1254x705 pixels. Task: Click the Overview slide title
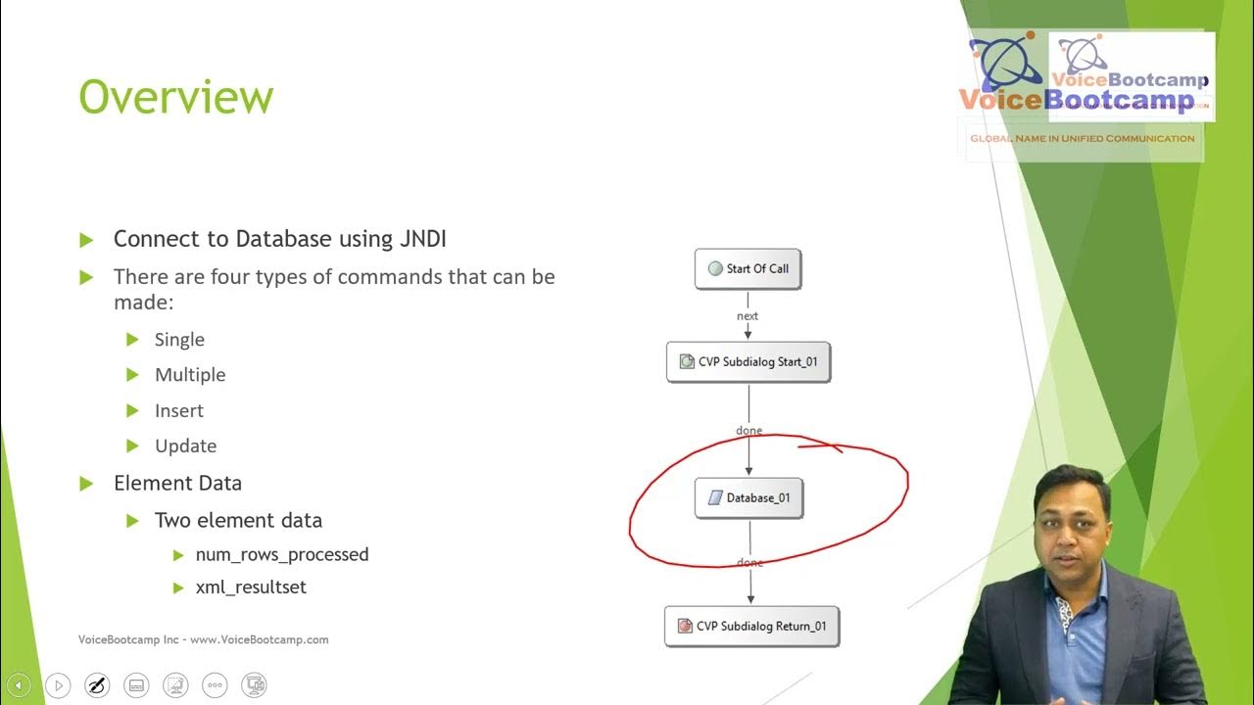coord(175,98)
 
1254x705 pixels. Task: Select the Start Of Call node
coord(748,268)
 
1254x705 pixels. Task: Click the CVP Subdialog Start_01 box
coord(748,361)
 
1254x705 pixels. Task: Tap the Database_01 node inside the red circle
coord(748,497)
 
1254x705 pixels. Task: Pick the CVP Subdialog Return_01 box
coord(751,626)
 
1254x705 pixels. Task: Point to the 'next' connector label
coord(748,316)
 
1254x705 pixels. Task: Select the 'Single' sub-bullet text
coord(179,340)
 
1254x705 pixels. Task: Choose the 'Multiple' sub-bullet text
coord(190,375)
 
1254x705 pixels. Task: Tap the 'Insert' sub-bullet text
coord(179,411)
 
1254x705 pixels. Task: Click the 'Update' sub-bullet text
coord(185,446)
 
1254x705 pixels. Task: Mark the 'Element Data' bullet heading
coord(177,483)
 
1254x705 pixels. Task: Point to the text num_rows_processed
coord(282,555)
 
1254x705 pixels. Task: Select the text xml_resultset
coord(251,587)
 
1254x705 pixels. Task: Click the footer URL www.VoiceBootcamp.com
coord(260,639)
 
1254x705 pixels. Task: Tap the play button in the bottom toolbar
coord(58,685)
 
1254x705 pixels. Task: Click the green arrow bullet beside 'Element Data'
coord(86,484)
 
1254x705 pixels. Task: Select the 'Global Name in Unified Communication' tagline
coord(1082,138)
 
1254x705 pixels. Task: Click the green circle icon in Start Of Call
coord(715,268)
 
